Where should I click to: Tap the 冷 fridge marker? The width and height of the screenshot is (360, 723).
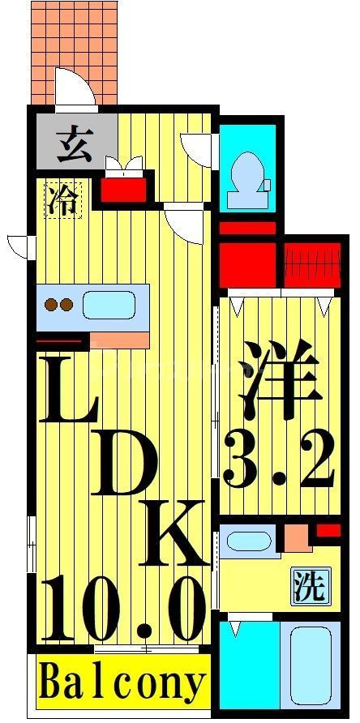tap(63, 200)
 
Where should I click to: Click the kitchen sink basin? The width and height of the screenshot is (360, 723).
tap(108, 306)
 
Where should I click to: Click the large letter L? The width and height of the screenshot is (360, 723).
tap(66, 393)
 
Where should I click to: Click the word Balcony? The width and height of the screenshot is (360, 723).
tap(122, 684)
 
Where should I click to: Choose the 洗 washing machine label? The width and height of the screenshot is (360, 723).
tap(309, 588)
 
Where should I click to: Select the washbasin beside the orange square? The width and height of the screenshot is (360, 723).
tap(249, 541)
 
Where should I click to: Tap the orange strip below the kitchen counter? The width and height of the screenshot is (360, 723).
tap(119, 339)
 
